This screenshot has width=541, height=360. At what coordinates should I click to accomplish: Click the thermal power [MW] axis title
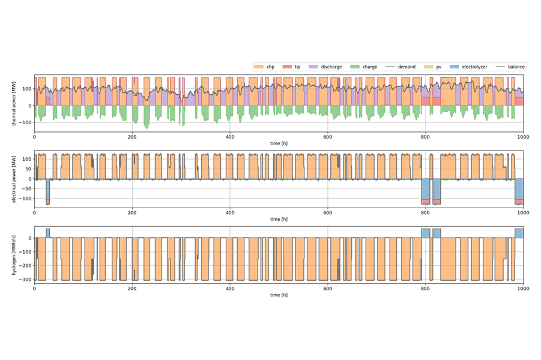(14, 103)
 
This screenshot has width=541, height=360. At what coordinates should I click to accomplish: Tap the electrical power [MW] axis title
(14, 179)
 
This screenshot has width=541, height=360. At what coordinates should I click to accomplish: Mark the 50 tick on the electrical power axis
(28, 169)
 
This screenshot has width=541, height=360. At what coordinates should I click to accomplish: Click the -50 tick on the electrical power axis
(26, 188)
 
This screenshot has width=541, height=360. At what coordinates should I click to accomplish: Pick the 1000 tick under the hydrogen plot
(524, 289)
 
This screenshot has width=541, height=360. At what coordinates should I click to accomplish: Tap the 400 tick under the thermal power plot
(230, 137)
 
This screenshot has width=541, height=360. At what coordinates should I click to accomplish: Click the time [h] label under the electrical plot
(279, 220)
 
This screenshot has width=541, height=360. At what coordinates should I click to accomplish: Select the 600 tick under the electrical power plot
(328, 212)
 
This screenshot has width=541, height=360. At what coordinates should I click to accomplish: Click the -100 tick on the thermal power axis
(25, 122)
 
